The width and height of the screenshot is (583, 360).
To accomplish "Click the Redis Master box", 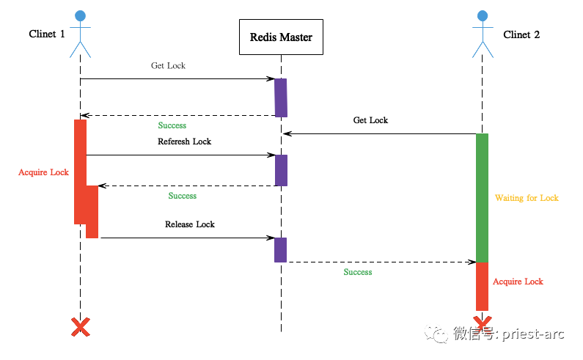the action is pyautogui.click(x=281, y=37).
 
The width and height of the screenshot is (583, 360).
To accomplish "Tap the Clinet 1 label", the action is pyautogui.click(x=47, y=34).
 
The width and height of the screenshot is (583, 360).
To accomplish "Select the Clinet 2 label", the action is pyautogui.click(x=521, y=34).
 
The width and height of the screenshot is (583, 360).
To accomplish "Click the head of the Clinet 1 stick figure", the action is pyautogui.click(x=81, y=16).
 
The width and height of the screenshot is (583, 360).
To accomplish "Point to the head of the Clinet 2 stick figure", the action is pyautogui.click(x=483, y=15).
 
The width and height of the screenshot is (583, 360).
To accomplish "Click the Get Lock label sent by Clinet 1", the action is pyautogui.click(x=168, y=65).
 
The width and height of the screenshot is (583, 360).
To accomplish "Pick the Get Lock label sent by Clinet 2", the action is pyautogui.click(x=370, y=120).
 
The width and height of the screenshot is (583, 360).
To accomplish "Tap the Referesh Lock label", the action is pyautogui.click(x=184, y=142).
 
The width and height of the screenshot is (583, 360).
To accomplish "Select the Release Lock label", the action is pyautogui.click(x=190, y=224).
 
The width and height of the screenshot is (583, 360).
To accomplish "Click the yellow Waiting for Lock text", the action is pyautogui.click(x=527, y=198).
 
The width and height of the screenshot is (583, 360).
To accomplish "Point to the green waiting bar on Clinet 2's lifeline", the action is pyautogui.click(x=483, y=198).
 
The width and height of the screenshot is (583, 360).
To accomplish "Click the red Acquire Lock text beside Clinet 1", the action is pyautogui.click(x=43, y=172).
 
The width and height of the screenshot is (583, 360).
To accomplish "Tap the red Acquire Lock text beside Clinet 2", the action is pyautogui.click(x=518, y=282).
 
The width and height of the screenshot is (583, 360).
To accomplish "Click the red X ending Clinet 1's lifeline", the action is pyautogui.click(x=81, y=327).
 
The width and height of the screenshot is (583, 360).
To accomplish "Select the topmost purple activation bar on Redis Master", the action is pyautogui.click(x=281, y=98).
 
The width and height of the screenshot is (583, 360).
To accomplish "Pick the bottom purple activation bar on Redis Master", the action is pyautogui.click(x=281, y=250).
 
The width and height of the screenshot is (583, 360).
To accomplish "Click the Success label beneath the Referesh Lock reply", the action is pyautogui.click(x=182, y=196).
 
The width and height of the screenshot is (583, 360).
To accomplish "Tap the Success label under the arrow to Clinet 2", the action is pyautogui.click(x=358, y=272).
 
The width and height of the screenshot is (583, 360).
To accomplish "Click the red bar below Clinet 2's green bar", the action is pyautogui.click(x=483, y=287).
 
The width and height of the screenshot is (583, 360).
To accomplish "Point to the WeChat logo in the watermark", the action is pyautogui.click(x=436, y=334).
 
